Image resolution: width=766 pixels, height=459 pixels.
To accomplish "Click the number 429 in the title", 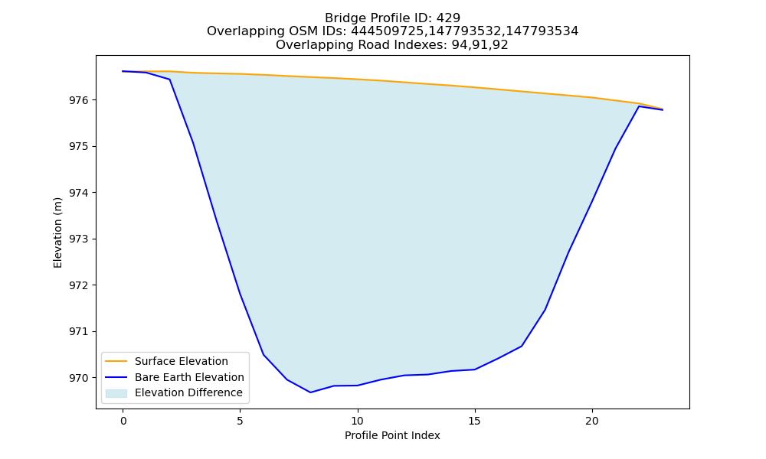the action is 448,18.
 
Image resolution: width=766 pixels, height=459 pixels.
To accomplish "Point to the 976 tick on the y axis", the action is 79,100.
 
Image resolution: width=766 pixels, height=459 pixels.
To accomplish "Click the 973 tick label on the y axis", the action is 79,239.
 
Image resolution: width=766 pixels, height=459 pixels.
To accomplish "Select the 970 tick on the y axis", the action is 79,378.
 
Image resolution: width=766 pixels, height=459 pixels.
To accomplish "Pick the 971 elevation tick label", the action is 79,332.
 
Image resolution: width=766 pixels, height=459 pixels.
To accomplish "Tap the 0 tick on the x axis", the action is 123,421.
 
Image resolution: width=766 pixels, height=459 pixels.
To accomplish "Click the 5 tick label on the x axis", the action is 241,421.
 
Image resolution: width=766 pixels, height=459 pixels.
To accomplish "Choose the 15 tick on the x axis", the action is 475,421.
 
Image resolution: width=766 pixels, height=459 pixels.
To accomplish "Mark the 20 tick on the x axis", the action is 592,421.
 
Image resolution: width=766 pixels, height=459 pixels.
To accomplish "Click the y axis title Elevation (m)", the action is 57,233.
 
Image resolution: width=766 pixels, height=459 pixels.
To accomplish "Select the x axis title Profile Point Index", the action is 392,435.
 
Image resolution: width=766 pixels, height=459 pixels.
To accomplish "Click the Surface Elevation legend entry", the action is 166,361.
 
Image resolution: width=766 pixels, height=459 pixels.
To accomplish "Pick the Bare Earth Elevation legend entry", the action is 175,377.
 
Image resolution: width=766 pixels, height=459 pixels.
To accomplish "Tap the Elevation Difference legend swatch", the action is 116,393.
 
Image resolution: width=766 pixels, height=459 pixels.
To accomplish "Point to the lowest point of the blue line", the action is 310,392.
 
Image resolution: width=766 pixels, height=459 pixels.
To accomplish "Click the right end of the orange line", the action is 663,109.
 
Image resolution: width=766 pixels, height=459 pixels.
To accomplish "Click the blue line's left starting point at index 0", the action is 123,71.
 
